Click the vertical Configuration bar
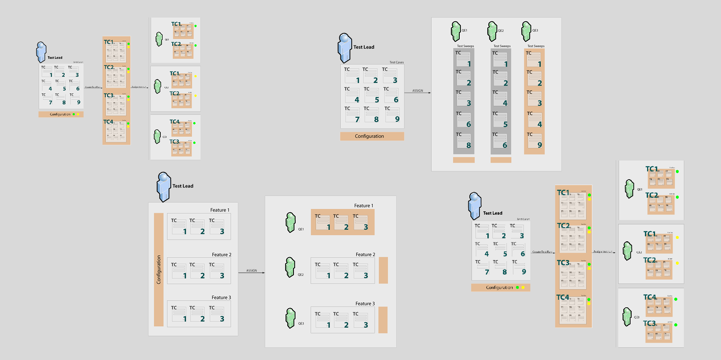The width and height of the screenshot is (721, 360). tap(159, 269)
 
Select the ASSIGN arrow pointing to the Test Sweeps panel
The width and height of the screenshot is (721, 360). tap(417, 93)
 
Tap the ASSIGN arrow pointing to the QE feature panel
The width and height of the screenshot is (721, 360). tap(251, 272)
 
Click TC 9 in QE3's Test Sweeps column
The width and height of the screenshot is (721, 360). tap(535, 141)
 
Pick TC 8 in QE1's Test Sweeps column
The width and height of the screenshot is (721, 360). tap(464, 141)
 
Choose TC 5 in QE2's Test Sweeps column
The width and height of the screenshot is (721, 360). tap(501, 120)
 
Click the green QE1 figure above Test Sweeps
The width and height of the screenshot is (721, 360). tap(456, 31)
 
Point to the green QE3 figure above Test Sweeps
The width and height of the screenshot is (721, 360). tap(526, 31)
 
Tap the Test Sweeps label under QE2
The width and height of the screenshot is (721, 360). tap(502, 46)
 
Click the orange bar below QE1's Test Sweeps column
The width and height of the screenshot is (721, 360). tap(464, 160)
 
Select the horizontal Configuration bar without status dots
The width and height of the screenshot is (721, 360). tap(372, 136)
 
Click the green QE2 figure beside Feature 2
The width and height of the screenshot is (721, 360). tap(290, 267)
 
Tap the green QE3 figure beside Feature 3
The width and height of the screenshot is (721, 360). tap(290, 318)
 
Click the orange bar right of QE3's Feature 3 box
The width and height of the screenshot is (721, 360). tap(383, 320)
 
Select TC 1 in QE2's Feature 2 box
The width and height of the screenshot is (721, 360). tap(323, 271)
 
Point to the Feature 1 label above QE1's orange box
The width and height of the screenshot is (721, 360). tap(363, 206)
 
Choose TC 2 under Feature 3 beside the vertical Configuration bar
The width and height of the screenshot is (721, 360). tap(198, 314)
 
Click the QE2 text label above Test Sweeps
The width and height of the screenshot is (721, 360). tap(501, 31)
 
